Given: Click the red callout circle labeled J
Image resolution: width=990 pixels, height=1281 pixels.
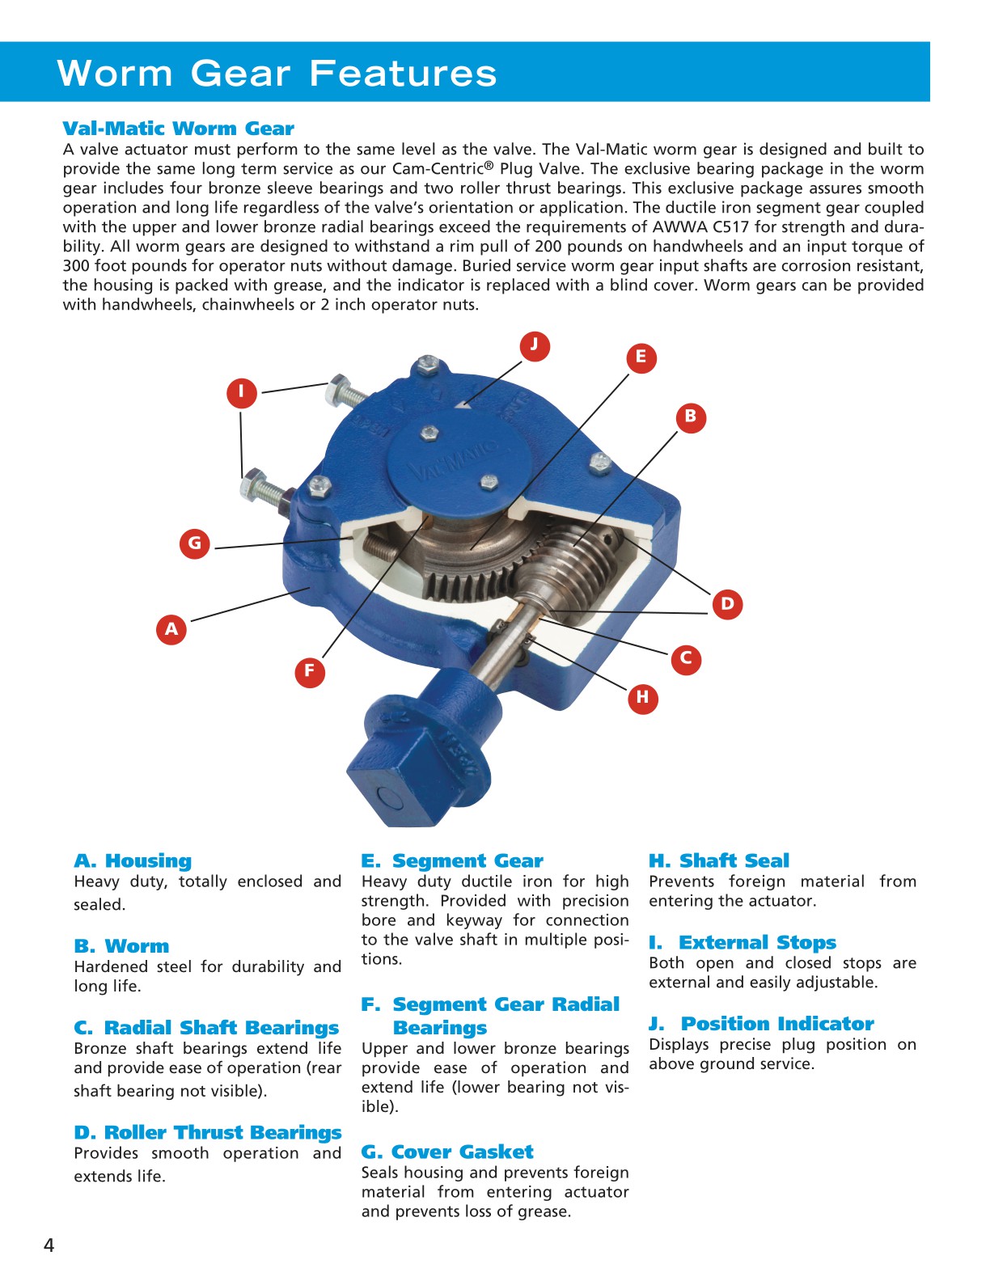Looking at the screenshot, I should (x=534, y=345).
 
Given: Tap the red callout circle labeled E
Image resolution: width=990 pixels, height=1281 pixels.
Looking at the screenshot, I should (x=641, y=357).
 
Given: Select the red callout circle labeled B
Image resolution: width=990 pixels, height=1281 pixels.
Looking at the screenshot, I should (x=691, y=417).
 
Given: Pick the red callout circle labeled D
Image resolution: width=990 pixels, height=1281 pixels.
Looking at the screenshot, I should (x=727, y=603).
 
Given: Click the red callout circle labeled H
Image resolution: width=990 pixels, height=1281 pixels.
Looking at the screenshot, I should (x=642, y=697).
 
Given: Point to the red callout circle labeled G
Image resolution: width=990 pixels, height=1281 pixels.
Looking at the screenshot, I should (x=195, y=543).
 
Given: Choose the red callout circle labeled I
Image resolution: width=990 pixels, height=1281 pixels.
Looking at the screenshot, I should (x=241, y=392).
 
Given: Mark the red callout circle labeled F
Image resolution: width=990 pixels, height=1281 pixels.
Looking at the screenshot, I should (x=309, y=671).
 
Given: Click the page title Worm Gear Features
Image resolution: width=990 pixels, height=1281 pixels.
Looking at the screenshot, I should (x=277, y=73).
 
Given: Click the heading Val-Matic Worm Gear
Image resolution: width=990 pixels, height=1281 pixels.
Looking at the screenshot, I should (x=178, y=129).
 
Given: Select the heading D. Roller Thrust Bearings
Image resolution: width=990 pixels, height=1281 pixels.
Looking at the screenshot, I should (x=207, y=1132).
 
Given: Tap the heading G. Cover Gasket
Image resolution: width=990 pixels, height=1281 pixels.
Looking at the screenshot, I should (x=446, y=1152).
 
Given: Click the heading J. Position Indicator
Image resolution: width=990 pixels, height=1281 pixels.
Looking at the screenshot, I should (x=761, y=1024).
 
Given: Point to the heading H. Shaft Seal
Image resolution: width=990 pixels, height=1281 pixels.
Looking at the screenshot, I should (x=718, y=860).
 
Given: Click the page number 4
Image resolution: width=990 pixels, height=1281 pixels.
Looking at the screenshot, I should (x=49, y=1245).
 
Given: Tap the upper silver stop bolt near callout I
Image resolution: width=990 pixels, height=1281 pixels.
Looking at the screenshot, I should (x=344, y=392).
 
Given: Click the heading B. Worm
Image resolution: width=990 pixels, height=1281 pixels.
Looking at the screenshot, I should (x=121, y=946).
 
